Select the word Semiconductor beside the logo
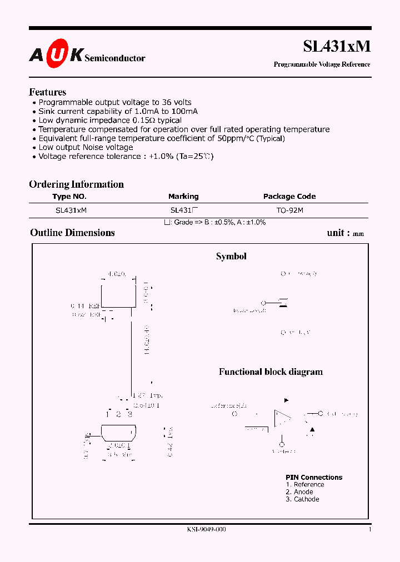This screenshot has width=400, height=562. point(115,58)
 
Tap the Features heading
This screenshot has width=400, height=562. point(47,92)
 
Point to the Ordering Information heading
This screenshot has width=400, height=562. point(76,184)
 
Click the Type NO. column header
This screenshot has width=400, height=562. point(69,197)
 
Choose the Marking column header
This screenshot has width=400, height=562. point(183,197)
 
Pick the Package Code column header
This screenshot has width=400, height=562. point(289,197)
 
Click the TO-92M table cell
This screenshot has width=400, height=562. point(289,211)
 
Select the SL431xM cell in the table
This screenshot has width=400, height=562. point(71,211)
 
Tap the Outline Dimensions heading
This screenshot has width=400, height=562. point(72,233)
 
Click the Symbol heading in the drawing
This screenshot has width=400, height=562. point(231,257)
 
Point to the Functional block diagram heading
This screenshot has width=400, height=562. point(271,372)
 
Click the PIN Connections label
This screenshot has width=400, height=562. point(314,478)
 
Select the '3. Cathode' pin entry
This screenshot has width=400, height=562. point(302,499)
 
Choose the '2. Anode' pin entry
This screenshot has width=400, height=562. point(299,492)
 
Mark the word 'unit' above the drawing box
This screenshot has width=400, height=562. point(335,233)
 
